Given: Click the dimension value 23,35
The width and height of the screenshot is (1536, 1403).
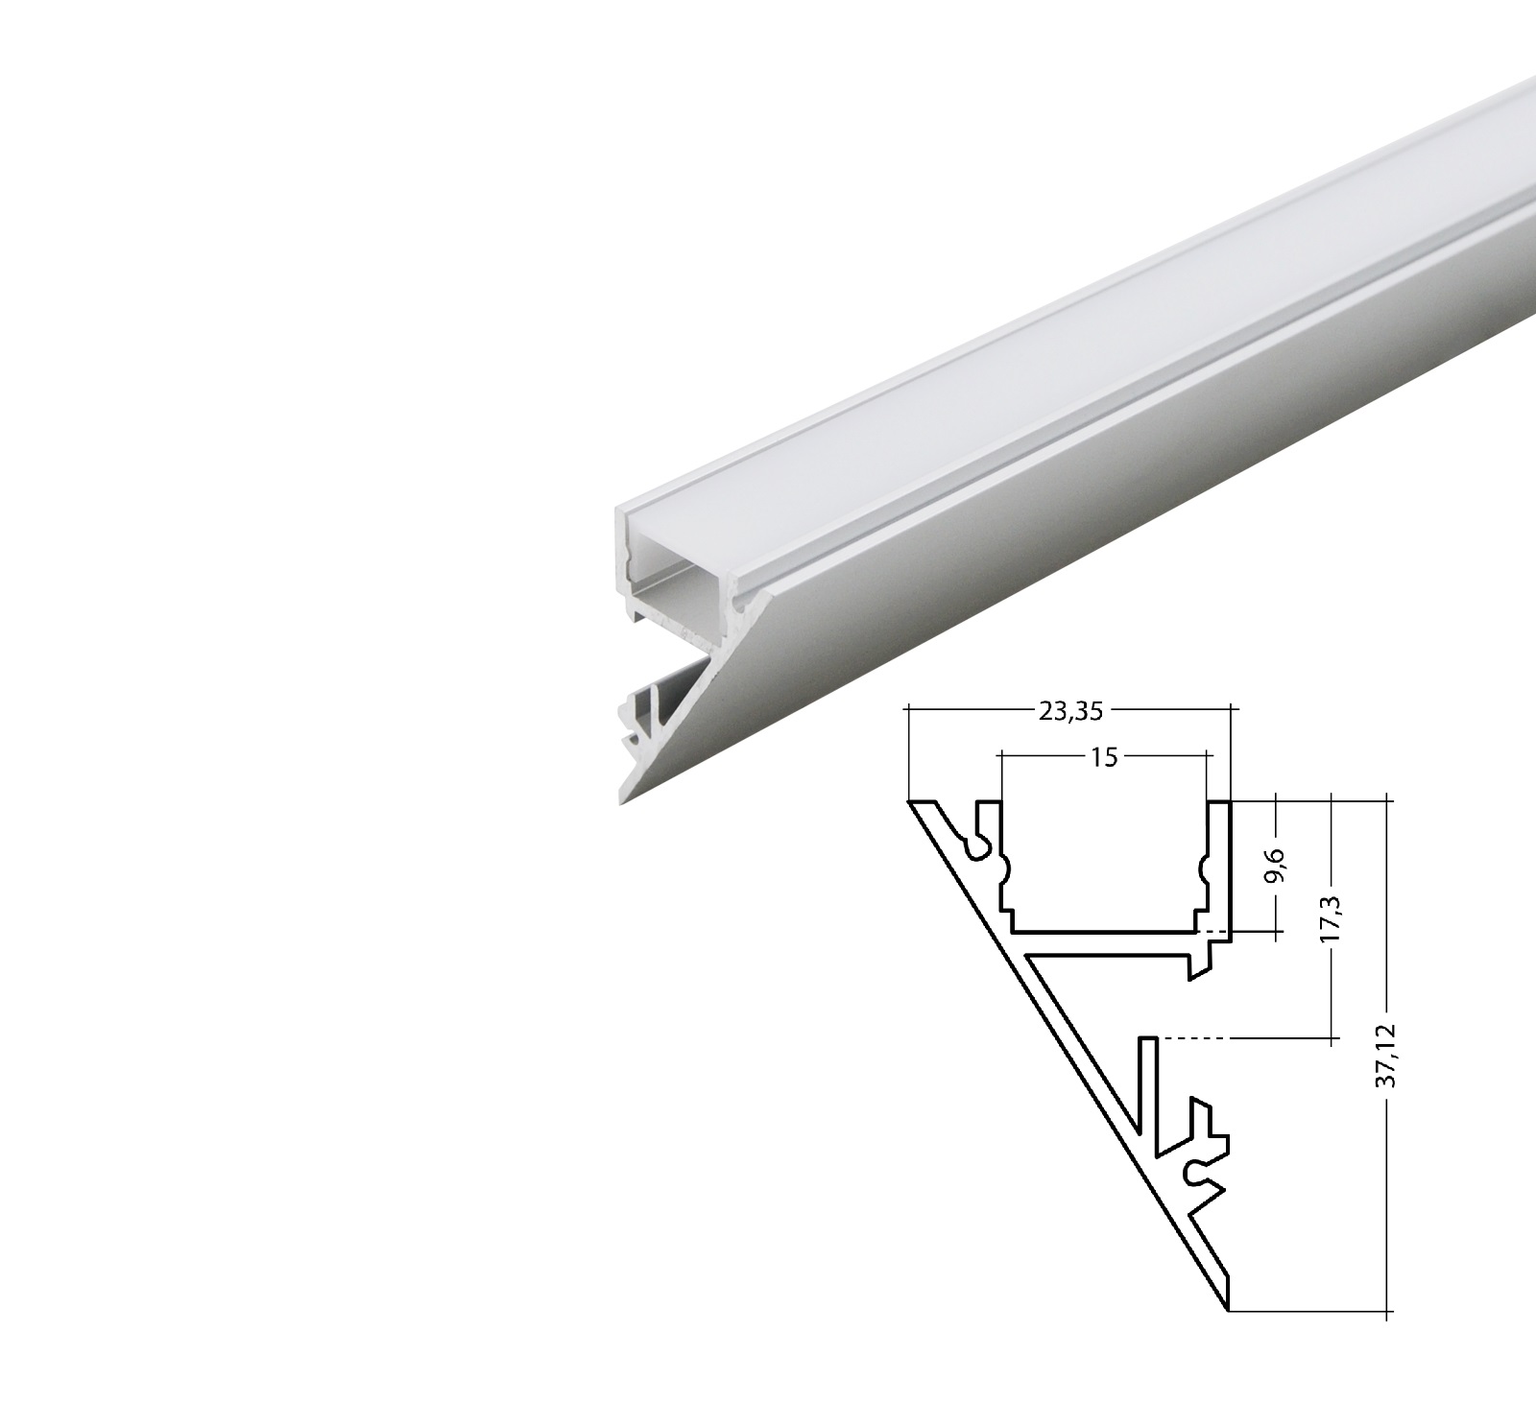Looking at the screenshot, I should (x=1069, y=711).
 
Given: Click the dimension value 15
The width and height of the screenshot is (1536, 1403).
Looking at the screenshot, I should (x=1104, y=757).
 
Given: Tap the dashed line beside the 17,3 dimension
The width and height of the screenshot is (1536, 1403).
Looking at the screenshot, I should (x=1196, y=1037).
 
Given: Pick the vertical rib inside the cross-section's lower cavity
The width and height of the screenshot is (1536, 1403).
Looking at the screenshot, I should (x=1147, y=1084).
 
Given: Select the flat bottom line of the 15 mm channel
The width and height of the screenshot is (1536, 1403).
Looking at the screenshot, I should (x=1104, y=931).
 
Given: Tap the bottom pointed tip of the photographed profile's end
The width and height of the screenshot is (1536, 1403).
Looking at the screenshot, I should (x=624, y=801).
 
